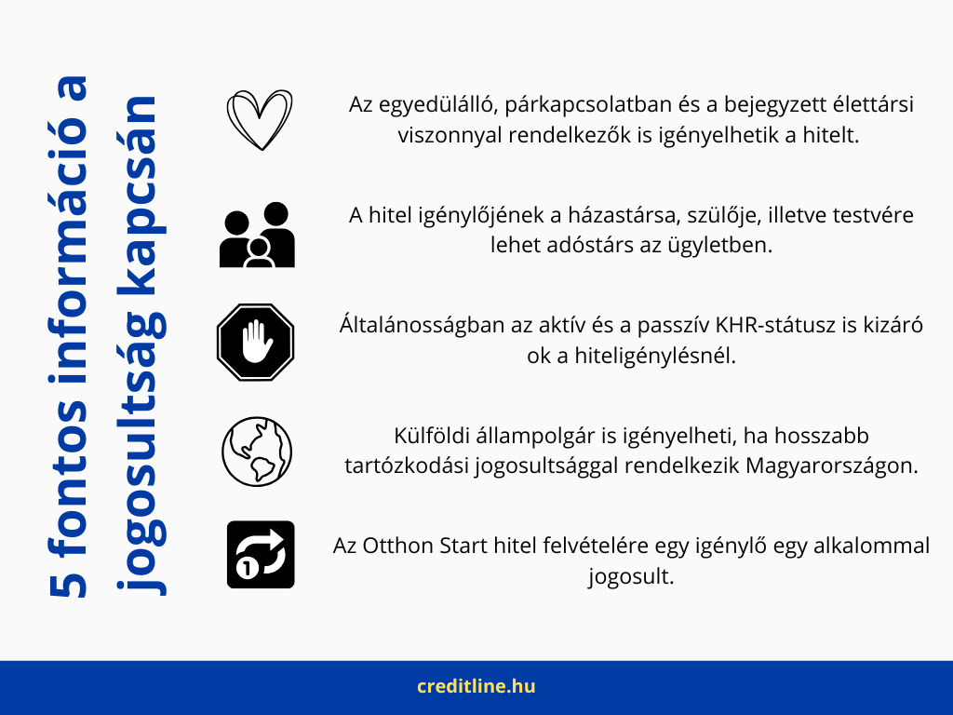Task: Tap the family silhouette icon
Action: tap(257, 235)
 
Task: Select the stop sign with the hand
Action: tap(256, 343)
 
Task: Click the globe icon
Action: tap(257, 452)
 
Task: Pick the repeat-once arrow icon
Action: tap(261, 555)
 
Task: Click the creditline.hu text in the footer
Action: tap(476, 686)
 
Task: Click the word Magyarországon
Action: tap(832, 466)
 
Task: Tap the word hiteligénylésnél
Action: tap(654, 356)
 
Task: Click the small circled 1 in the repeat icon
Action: tap(247, 569)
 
